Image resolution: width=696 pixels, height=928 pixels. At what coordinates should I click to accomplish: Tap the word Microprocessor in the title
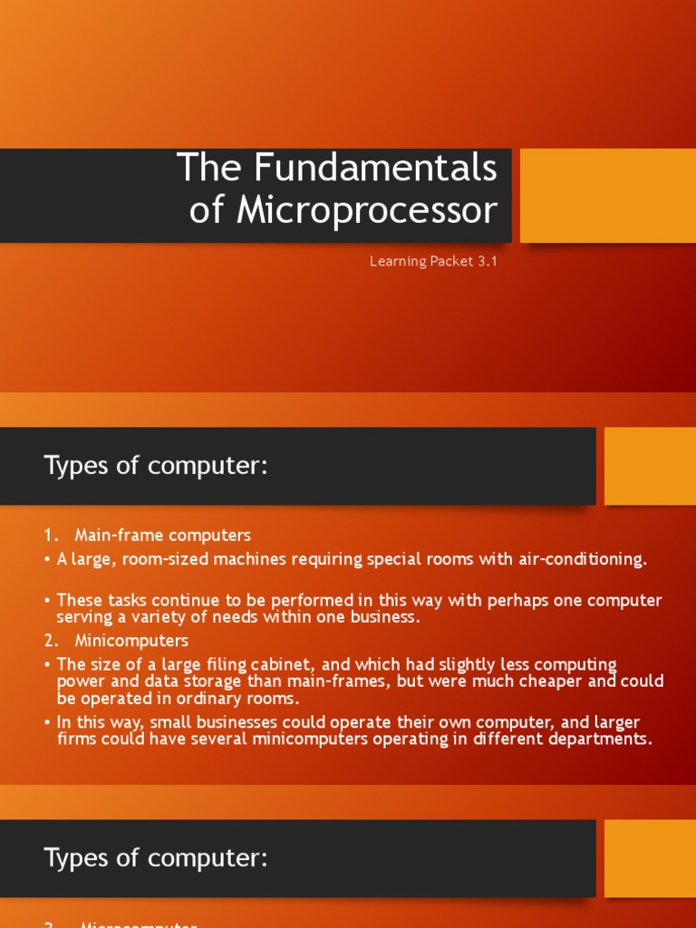[x=367, y=210]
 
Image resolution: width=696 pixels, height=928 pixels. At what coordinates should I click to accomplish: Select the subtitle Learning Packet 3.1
[x=433, y=262]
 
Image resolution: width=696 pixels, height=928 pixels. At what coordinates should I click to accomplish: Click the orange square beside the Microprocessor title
[x=607, y=196]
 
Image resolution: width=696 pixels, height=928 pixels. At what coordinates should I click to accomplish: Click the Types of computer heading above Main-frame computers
[x=156, y=467]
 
